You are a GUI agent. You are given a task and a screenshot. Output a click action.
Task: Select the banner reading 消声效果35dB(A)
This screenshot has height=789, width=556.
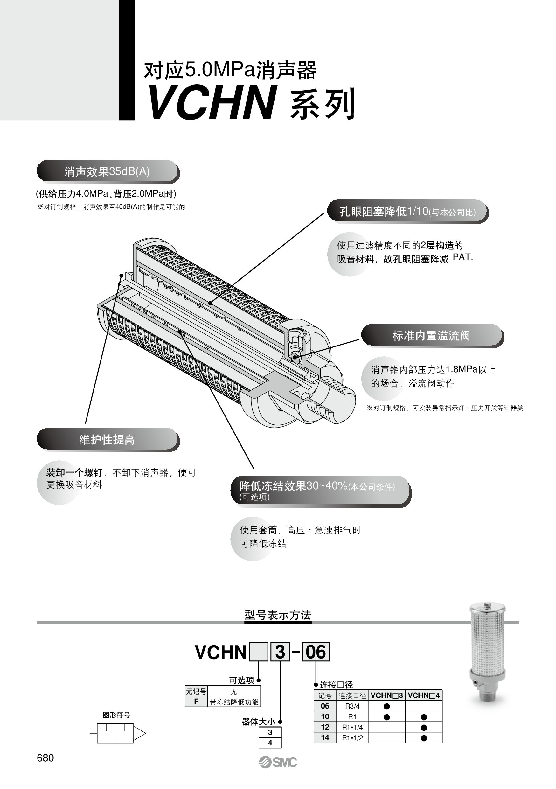click(x=107, y=171)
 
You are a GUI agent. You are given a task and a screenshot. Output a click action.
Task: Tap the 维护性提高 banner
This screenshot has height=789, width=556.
click(x=107, y=439)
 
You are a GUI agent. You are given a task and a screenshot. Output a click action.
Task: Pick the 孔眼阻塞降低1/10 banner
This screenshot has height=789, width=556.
click(x=407, y=211)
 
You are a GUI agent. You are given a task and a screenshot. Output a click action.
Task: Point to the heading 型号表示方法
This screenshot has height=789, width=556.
click(x=278, y=615)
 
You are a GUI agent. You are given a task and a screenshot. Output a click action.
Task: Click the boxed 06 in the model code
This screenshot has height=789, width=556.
click(x=316, y=652)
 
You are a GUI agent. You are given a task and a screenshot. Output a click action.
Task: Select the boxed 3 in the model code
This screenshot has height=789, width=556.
click(x=280, y=652)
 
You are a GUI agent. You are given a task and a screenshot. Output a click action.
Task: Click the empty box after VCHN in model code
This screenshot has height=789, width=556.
click(x=258, y=652)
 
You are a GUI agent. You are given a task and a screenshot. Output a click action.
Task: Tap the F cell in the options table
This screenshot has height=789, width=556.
click(x=196, y=702)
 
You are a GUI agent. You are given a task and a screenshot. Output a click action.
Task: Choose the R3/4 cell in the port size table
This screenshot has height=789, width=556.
click(x=352, y=706)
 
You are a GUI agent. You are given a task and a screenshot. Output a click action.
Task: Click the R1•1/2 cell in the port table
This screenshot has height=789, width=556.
click(x=352, y=738)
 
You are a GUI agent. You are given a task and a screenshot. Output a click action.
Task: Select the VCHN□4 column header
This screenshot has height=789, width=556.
click(x=423, y=695)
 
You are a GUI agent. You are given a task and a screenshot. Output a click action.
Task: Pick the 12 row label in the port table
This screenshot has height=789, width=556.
click(x=325, y=727)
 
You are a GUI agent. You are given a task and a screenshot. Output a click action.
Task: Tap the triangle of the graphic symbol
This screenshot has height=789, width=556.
click(x=139, y=734)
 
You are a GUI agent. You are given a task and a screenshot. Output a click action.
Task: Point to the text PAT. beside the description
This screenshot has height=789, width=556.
click(x=463, y=257)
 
